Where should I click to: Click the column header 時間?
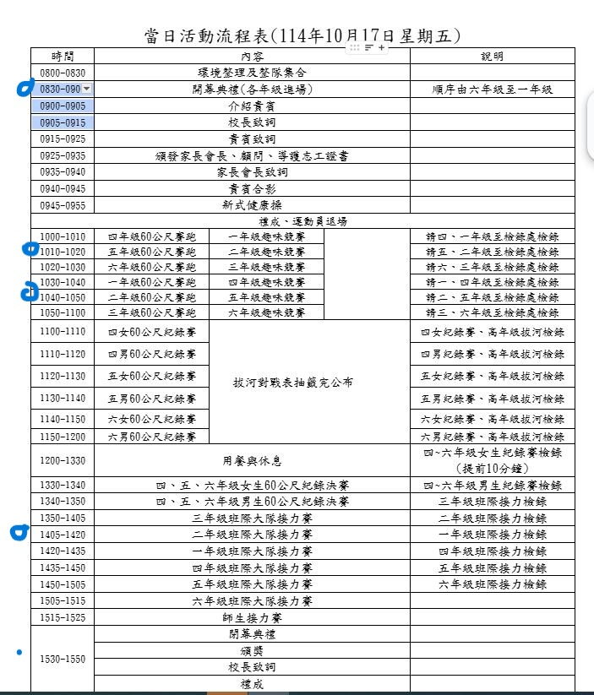click(x=63, y=57)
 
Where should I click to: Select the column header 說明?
click(x=492, y=57)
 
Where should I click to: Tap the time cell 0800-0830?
click(x=63, y=73)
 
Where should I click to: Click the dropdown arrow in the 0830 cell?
click(x=87, y=90)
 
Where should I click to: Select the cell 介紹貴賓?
click(x=252, y=106)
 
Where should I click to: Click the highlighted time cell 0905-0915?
click(x=63, y=122)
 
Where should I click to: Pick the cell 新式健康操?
click(x=252, y=205)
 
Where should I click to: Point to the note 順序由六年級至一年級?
click(x=492, y=90)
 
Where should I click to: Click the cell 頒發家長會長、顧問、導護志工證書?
click(x=252, y=155)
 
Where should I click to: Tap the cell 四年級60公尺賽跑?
click(x=151, y=237)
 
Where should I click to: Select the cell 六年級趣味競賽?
click(x=266, y=312)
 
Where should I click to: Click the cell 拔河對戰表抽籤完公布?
click(x=293, y=382)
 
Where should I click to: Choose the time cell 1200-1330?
click(x=63, y=460)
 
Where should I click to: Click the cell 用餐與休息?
click(x=252, y=461)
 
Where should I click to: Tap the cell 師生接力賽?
click(x=252, y=617)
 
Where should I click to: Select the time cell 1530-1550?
click(x=63, y=659)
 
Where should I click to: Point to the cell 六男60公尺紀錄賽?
click(x=151, y=437)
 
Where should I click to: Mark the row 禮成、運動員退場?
click(x=302, y=221)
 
